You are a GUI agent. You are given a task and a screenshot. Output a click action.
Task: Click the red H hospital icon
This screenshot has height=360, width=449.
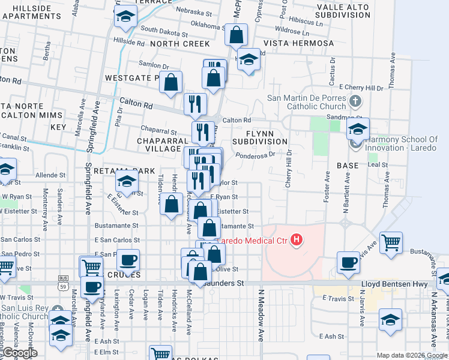[296, 241]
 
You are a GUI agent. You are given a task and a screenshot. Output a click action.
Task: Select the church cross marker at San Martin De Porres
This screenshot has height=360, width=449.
[355, 101]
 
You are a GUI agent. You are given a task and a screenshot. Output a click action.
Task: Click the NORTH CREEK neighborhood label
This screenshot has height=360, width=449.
[180, 44]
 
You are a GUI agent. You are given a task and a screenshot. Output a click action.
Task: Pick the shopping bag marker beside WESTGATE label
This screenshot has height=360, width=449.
[171, 82]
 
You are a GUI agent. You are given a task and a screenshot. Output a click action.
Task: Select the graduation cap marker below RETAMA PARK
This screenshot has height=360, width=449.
[127, 180]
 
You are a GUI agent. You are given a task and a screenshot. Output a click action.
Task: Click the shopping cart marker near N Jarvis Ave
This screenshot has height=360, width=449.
[391, 243]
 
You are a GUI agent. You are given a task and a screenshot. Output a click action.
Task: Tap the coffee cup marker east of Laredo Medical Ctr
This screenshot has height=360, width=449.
[348, 262]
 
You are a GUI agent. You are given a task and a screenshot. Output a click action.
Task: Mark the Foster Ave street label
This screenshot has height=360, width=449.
[327, 187]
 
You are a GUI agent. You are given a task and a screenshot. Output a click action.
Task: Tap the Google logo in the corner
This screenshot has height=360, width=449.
[20, 353]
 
